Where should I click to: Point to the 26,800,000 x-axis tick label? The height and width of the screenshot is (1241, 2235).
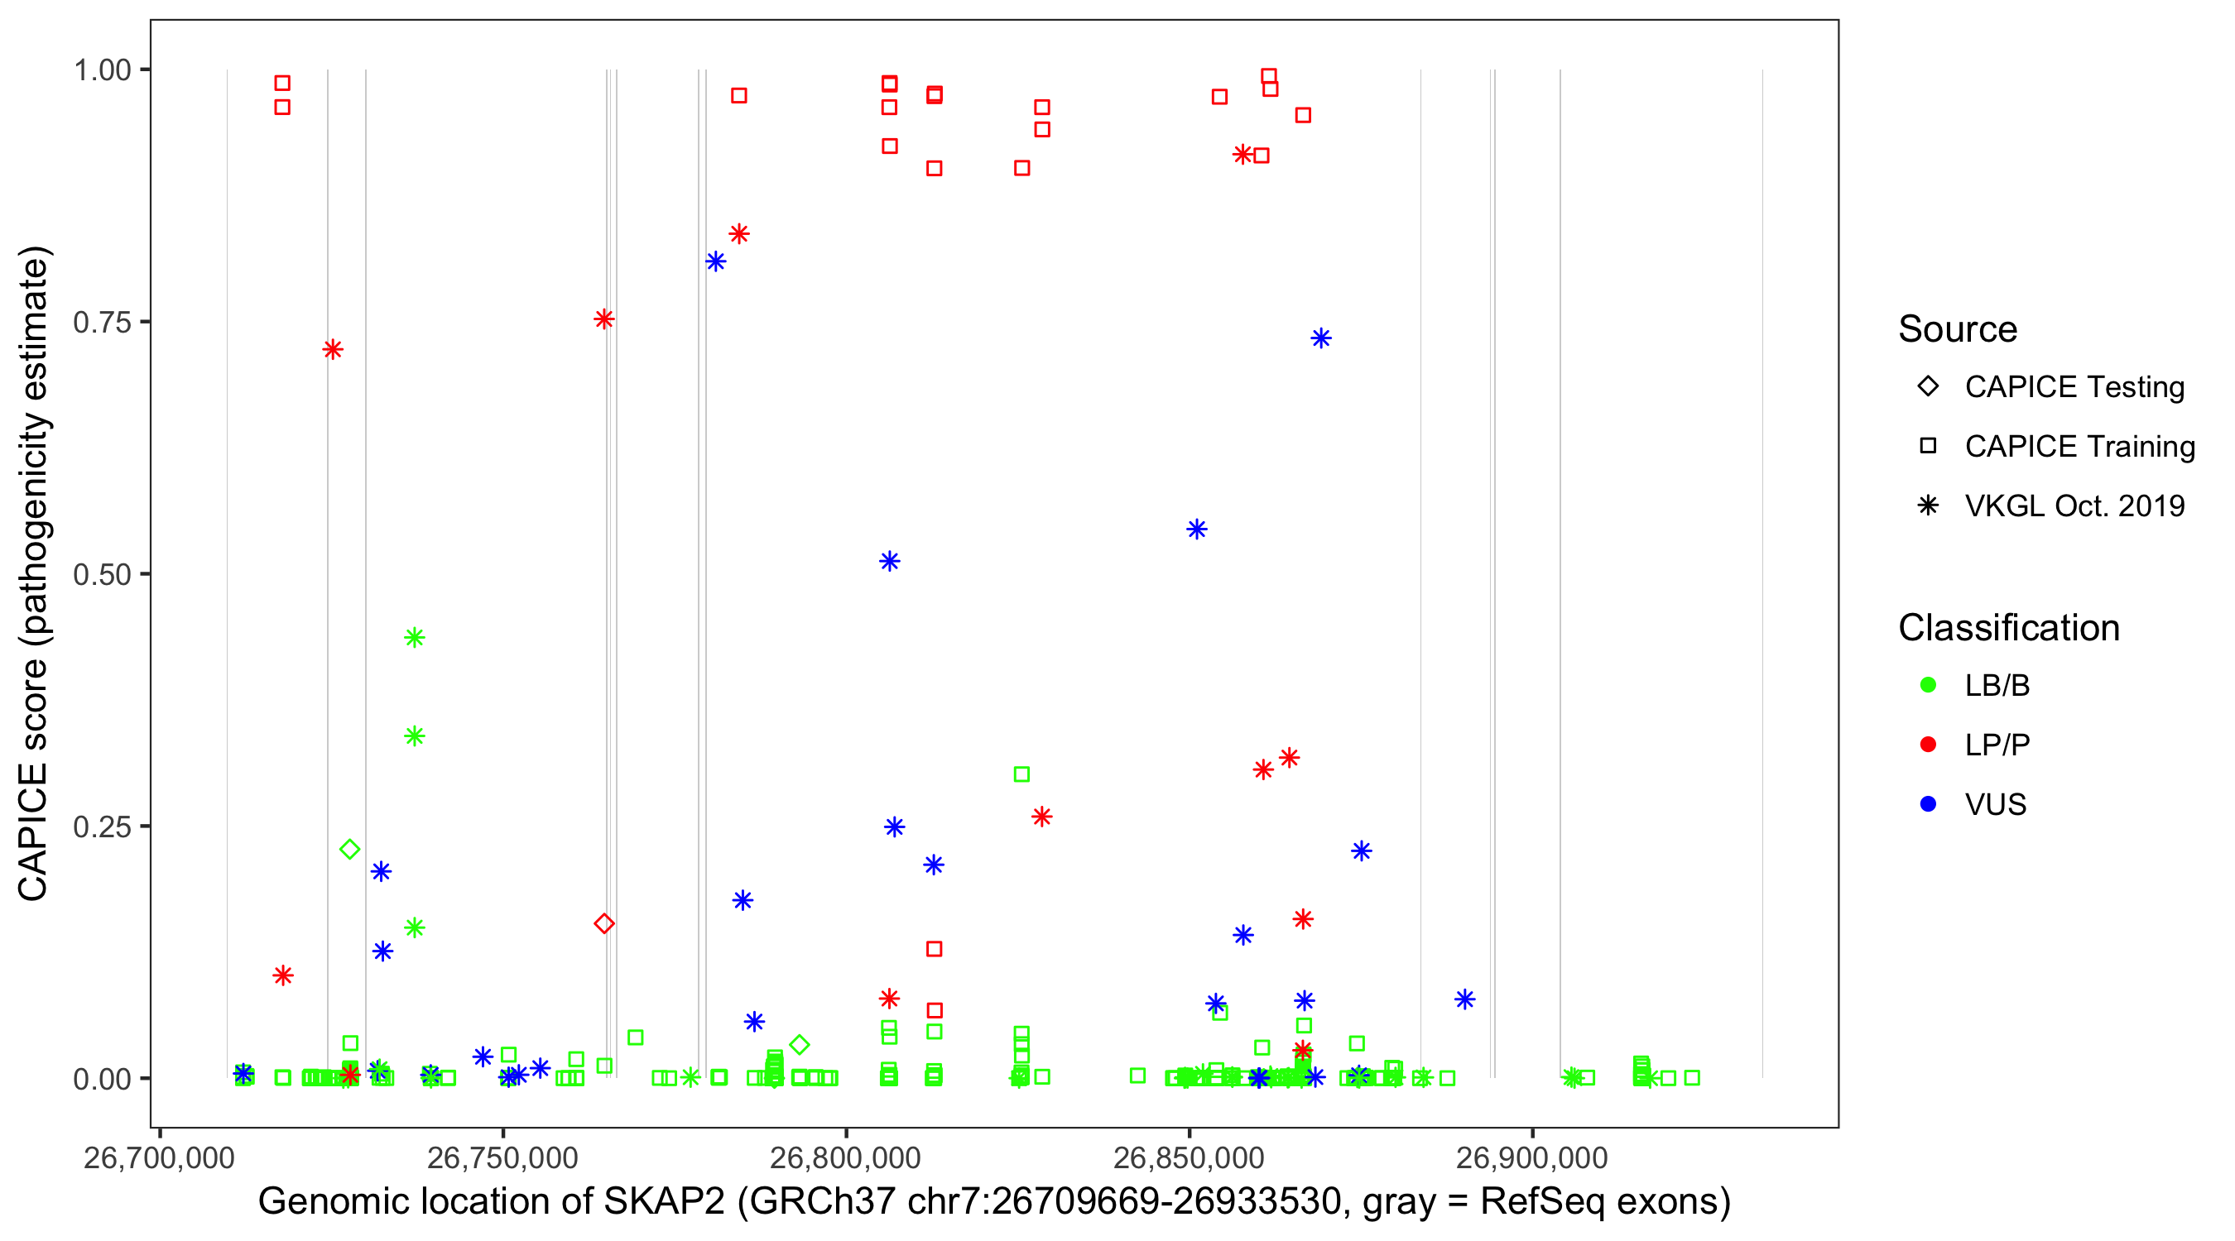point(845,1157)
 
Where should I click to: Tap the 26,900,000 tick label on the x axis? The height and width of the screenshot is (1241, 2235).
point(1532,1157)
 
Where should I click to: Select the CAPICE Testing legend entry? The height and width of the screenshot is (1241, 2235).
point(2074,387)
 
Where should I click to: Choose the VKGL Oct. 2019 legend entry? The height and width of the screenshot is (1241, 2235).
point(2074,506)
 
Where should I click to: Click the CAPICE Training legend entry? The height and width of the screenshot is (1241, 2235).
point(2079,447)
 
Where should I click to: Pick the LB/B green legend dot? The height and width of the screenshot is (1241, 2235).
point(1928,685)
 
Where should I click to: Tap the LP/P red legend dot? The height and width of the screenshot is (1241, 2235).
point(1928,745)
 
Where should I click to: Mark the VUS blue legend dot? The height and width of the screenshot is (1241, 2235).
point(1928,804)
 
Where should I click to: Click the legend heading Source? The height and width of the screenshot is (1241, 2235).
point(1958,329)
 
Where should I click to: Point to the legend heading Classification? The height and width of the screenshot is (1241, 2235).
point(2008,628)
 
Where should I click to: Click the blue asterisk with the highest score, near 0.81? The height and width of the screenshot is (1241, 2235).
point(716,262)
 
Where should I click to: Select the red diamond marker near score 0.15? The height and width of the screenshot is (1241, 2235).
point(605,923)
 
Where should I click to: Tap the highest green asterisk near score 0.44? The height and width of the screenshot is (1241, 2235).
point(415,637)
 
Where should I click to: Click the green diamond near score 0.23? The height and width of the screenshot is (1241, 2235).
point(349,849)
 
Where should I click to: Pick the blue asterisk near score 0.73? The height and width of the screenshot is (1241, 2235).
point(1320,338)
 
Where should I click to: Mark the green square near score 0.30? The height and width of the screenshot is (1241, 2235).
point(1022,774)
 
